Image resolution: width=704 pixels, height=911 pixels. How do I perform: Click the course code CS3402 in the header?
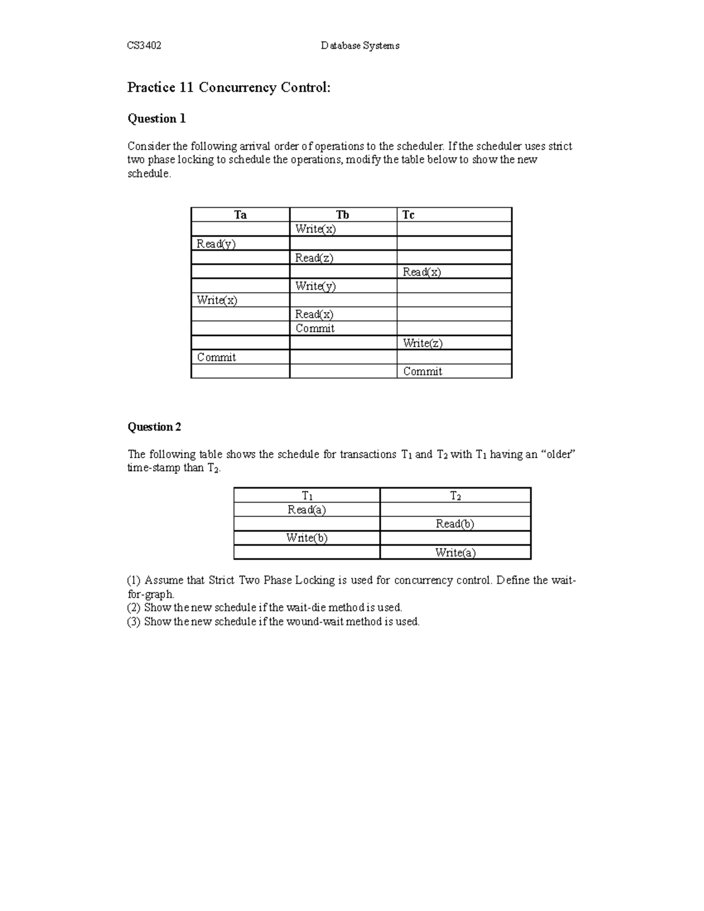pos(144,46)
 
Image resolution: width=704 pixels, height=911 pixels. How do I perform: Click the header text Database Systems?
pos(360,46)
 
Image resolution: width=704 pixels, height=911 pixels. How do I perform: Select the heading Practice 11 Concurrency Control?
pos(229,87)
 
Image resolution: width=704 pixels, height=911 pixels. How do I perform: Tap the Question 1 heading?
pos(157,118)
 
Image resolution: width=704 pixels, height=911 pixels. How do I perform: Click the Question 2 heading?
pos(154,426)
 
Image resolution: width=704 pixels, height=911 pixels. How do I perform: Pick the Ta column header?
pos(240,215)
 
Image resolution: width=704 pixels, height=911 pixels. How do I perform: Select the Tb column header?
pos(343,215)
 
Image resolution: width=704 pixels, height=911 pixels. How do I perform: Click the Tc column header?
pos(408,215)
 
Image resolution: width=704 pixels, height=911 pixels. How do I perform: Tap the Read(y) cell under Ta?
pos(216,243)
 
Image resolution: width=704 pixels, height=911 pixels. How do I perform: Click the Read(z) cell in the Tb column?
pos(314,258)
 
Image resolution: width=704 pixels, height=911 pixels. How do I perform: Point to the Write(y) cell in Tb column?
pos(315,286)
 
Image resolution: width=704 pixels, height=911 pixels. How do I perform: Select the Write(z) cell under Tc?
pos(422,343)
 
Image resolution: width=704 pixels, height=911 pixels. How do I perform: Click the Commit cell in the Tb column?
pos(314,328)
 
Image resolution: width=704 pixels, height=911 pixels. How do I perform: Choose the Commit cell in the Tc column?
pos(422,371)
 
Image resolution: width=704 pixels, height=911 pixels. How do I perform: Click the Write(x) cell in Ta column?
pos(217,300)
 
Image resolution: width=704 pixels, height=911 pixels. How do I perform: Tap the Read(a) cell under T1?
pos(306,510)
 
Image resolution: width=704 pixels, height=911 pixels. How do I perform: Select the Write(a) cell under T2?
pos(455,553)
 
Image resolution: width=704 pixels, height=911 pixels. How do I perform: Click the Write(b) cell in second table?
pos(306,538)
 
